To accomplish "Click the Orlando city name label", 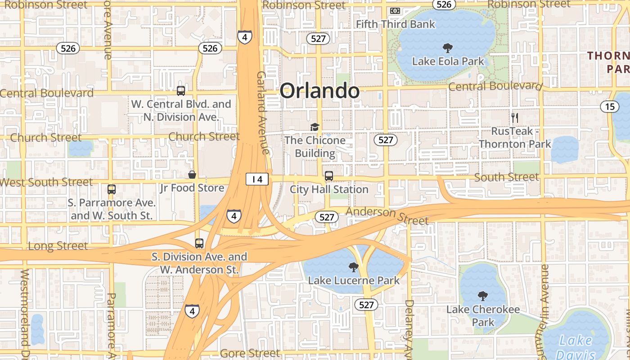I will point(319,91).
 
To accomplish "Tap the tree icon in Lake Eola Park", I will point(448,48).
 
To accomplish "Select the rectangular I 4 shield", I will point(257,180).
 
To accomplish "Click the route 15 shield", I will point(610,107).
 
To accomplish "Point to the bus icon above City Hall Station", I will point(329,176).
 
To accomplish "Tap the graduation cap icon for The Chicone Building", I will point(315,127).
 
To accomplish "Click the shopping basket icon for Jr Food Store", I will point(192,175).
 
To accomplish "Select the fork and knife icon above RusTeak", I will point(515,118).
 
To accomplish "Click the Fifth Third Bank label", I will point(396,24).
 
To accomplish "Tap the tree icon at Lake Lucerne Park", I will point(353,267).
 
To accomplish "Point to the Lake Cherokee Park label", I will point(483,316).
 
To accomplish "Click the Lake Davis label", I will point(576,346).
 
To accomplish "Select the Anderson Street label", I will point(387,216).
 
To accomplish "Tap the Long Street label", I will point(58,246).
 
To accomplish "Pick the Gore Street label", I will point(250,353).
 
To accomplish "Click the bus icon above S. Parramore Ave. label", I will point(111,189).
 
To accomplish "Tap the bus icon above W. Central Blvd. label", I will point(180,91).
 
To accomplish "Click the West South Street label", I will point(46,182).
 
